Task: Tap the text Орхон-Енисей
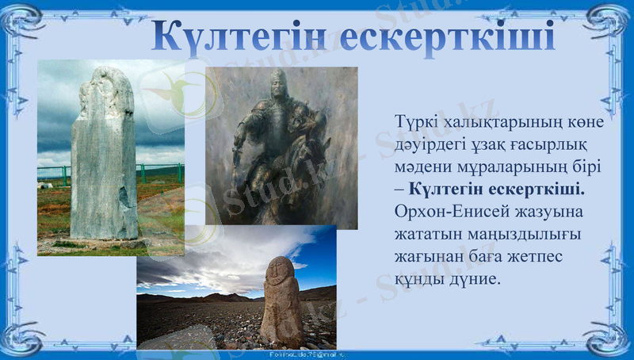441,213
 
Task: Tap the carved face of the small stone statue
278,274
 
